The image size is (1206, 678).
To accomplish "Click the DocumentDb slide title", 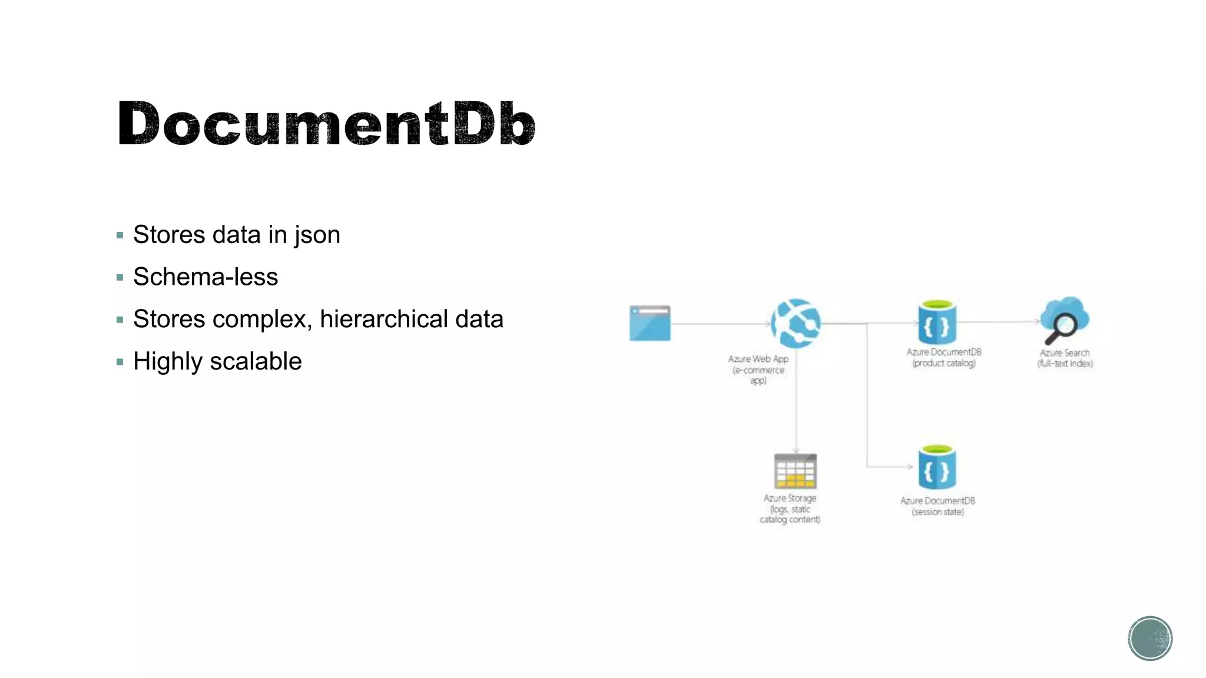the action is [x=326, y=124].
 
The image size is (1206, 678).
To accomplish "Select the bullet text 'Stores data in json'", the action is [x=236, y=235].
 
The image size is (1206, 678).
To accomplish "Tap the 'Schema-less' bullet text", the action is [x=205, y=277].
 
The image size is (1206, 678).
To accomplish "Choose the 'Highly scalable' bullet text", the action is [x=217, y=361].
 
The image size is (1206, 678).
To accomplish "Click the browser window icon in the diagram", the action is [x=650, y=323].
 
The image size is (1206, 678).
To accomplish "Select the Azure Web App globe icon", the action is [x=796, y=323].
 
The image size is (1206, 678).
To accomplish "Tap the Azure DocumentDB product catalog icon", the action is [x=936, y=323].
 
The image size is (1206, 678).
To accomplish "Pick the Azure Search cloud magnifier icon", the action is [x=1064, y=320].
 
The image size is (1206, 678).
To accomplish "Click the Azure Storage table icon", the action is [x=795, y=471].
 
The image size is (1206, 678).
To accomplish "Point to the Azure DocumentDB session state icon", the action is [x=936, y=468].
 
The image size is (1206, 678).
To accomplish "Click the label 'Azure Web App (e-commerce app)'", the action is [x=758, y=370].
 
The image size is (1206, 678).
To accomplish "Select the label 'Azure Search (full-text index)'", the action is [x=1065, y=358].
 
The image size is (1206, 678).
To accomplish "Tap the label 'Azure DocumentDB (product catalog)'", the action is [x=943, y=357].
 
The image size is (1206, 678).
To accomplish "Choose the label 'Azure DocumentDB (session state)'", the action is [x=937, y=506].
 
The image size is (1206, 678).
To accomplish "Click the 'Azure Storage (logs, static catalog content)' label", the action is [x=790, y=508].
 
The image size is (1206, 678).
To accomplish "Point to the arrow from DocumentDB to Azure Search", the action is [x=998, y=322].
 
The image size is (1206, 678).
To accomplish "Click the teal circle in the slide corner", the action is [x=1149, y=638].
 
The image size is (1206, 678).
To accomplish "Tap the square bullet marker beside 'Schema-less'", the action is [x=120, y=277].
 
